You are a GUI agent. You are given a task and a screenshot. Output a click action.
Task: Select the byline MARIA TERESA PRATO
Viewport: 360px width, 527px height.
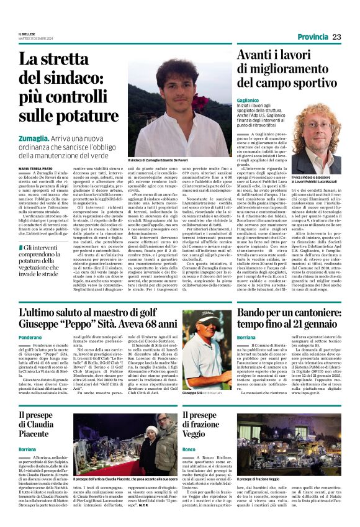coord(40,168)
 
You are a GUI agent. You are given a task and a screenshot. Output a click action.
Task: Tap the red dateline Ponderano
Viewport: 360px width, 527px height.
coord(30,336)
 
